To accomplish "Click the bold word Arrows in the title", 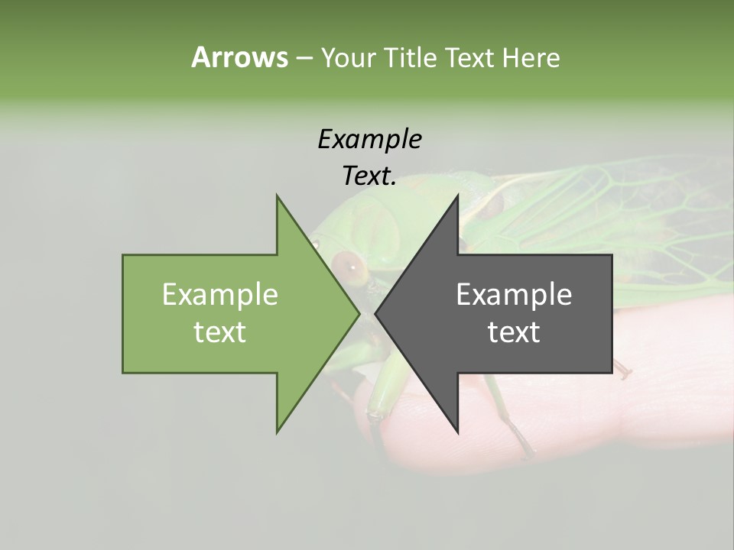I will tap(239, 57).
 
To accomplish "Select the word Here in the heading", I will tap(531, 57).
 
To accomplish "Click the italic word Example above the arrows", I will tap(369, 140).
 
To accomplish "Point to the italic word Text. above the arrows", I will tap(369, 176).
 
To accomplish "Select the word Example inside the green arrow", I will tap(220, 294).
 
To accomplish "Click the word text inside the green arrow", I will tap(220, 332).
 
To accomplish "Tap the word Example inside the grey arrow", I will tap(514, 294).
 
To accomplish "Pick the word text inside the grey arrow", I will tap(514, 332).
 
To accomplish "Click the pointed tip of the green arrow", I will tap(359, 313).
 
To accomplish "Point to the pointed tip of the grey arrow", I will tap(376, 313).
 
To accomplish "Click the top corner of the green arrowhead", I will tap(277, 196).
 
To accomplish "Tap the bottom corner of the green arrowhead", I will tap(277, 432).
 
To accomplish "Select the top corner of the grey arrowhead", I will tap(457, 196).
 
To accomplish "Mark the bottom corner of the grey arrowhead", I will tap(457, 432).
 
